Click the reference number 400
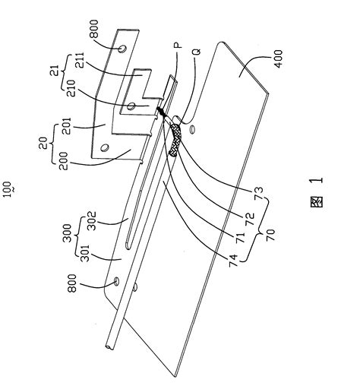point(278,59)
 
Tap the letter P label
point(178,46)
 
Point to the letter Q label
point(197,51)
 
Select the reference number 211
point(81,60)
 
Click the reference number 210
point(71,88)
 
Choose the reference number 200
point(63,161)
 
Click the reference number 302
point(92,221)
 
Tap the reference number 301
point(84,253)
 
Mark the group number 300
point(68,233)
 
